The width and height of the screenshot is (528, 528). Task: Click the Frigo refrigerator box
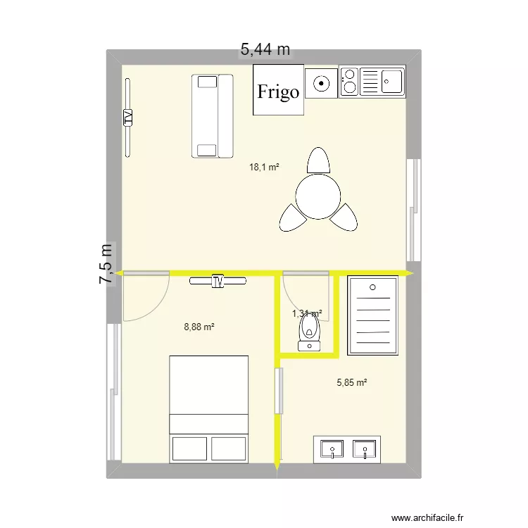(x=278, y=90)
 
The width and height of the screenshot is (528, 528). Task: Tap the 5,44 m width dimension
(x=265, y=49)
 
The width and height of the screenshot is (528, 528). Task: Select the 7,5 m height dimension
(x=106, y=264)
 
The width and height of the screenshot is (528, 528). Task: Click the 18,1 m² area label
(x=264, y=168)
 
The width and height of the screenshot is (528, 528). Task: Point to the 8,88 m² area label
(x=199, y=327)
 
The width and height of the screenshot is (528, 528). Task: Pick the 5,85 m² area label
(x=352, y=383)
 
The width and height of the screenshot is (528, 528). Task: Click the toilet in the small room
(x=308, y=332)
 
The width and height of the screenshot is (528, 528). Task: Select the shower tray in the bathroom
(x=373, y=314)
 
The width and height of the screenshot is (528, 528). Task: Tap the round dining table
(x=318, y=196)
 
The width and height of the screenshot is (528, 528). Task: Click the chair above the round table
(x=318, y=161)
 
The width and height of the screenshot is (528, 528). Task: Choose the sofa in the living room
(x=211, y=115)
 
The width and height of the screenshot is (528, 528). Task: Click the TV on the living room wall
(x=128, y=117)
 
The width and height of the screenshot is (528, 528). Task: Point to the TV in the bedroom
(x=218, y=281)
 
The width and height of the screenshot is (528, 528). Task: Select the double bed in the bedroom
(x=209, y=409)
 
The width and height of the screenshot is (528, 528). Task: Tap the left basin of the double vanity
(x=331, y=448)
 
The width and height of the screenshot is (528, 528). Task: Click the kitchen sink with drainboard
(x=382, y=82)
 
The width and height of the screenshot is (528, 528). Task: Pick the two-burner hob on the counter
(x=348, y=82)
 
